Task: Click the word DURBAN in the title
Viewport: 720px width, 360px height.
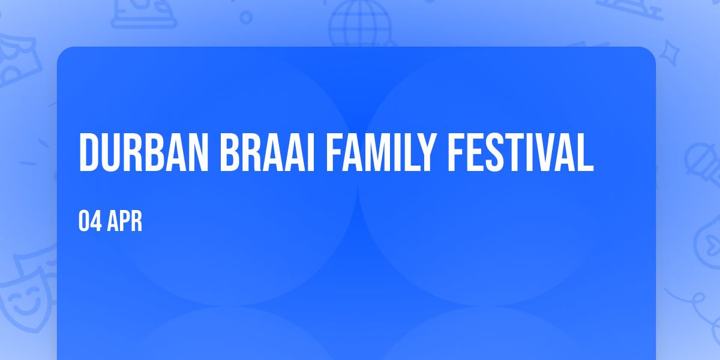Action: pos(143,152)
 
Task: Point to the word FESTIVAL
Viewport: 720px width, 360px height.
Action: pos(520,152)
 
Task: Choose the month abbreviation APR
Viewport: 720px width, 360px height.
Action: pos(125,221)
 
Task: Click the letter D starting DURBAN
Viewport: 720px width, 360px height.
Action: pos(88,152)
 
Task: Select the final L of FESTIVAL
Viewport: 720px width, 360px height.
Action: pos(584,152)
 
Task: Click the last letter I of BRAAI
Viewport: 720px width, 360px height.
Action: pos(310,152)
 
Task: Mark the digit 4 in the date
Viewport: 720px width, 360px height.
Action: pos(97,221)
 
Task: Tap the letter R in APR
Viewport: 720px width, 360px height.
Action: pos(136,221)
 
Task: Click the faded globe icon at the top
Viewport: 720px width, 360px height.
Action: pos(361,23)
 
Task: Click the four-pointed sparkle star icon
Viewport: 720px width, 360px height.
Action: pos(669,53)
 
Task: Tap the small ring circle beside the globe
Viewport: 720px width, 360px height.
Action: pos(246,17)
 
